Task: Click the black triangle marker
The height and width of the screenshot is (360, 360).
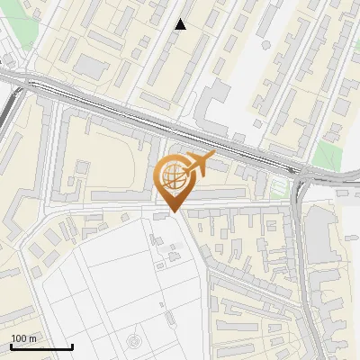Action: pyautogui.click(x=181, y=25)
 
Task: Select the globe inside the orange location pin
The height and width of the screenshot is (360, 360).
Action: pyautogui.click(x=175, y=179)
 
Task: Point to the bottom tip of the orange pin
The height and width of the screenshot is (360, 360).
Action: pyautogui.click(x=175, y=212)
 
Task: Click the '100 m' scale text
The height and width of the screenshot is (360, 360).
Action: pyautogui.click(x=23, y=338)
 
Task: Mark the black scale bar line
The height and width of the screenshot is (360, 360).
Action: pyautogui.click(x=41, y=346)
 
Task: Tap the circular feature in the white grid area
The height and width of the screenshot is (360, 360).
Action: pyautogui.click(x=134, y=342)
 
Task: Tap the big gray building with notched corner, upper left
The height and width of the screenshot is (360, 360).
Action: pyautogui.click(x=90, y=65)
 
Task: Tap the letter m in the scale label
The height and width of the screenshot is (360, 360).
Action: pyautogui.click(x=32, y=338)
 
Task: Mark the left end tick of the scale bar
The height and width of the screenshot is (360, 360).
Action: pyautogui.click(x=11, y=346)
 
